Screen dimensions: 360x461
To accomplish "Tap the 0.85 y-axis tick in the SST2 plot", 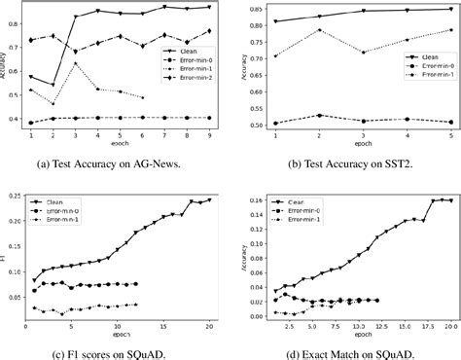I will (x=256, y=9).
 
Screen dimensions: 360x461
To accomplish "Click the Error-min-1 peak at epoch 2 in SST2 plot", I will (x=320, y=29).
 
